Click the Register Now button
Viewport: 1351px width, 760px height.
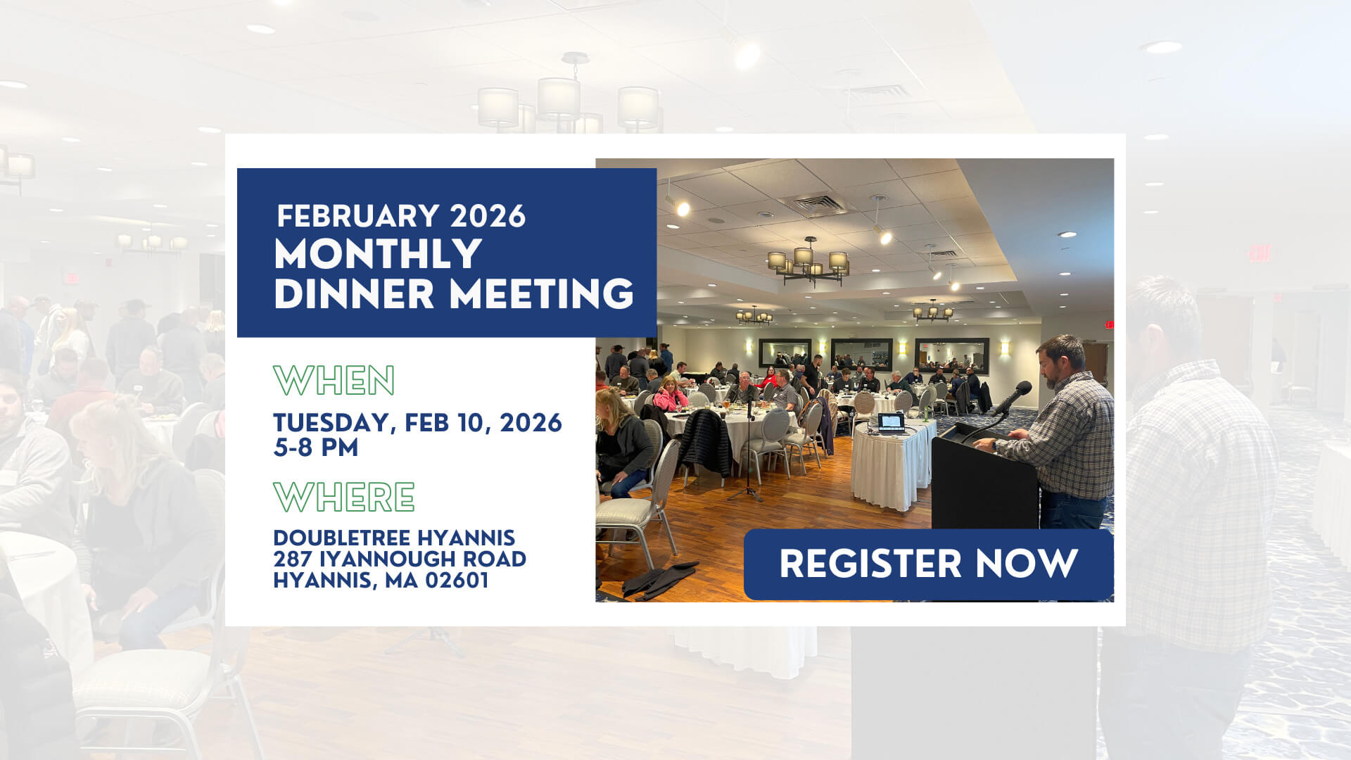click(x=928, y=564)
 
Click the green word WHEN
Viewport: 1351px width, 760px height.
click(x=334, y=381)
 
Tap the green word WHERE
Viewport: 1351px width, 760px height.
click(x=344, y=497)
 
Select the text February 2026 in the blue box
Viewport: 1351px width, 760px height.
click(x=401, y=216)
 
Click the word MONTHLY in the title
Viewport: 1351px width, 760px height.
click(x=378, y=254)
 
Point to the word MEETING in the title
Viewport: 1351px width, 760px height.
click(x=542, y=293)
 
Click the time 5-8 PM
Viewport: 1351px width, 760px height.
click(x=315, y=448)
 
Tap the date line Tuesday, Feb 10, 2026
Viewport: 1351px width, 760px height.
click(x=417, y=423)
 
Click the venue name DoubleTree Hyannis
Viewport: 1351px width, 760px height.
click(x=394, y=538)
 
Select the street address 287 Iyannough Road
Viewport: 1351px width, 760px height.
click(x=400, y=559)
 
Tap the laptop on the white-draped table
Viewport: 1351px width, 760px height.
click(x=891, y=422)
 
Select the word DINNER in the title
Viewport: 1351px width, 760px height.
click(x=354, y=293)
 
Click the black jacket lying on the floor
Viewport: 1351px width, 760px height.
click(x=659, y=580)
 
